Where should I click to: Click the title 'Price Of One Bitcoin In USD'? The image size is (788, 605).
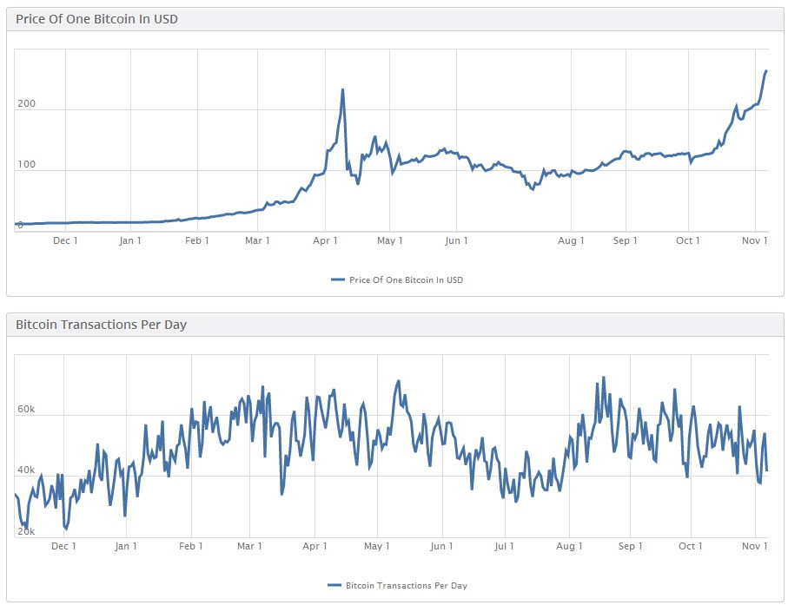[96, 18]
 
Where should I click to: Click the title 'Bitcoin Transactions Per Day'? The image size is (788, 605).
[101, 325]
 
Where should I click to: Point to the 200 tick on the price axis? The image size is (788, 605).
[26, 104]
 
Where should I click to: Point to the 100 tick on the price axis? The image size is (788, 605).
[26, 165]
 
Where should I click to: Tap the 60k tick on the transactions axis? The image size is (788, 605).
[24, 410]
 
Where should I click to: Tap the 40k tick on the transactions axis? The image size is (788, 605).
[24, 470]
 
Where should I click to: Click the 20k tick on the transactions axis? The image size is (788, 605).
[24, 531]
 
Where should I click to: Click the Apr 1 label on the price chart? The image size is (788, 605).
[324, 240]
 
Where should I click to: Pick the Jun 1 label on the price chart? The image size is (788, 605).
[456, 240]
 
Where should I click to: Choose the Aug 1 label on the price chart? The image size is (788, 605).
[571, 240]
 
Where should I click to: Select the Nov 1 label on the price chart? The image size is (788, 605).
[754, 240]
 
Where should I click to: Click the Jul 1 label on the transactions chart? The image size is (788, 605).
[505, 546]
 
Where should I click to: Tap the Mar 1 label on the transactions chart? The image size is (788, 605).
[249, 546]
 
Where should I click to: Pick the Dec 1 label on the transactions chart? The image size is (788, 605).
[63, 546]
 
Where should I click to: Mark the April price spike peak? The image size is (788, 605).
[342, 89]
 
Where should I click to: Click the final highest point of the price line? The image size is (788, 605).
[765, 71]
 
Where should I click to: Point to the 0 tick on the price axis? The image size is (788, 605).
[20, 226]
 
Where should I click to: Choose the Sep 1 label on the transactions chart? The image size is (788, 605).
[630, 546]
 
